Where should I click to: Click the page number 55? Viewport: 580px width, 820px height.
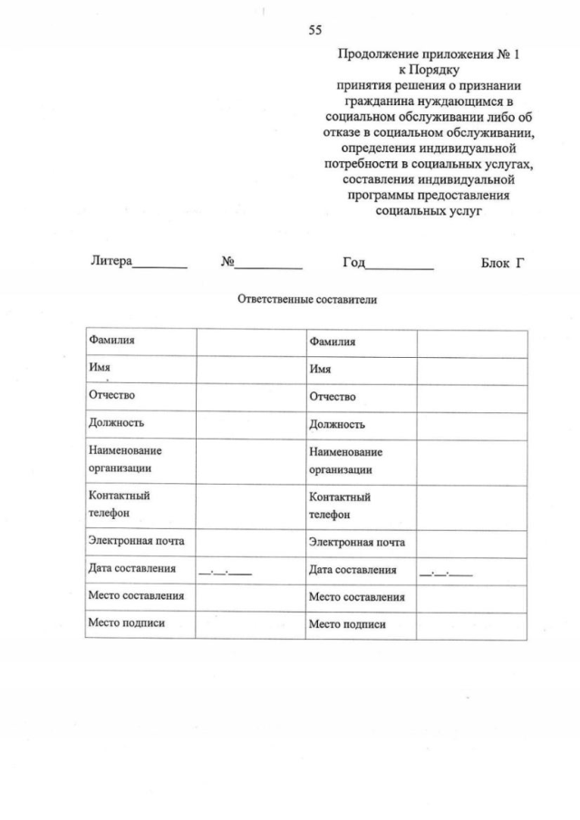click(315, 30)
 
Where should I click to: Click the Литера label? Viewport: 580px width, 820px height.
click(111, 262)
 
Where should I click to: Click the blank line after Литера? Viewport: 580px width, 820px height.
click(160, 265)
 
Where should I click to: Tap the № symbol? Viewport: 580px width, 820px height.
click(227, 262)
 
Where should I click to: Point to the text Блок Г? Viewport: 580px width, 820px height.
click(503, 262)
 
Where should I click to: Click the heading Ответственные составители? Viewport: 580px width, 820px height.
click(306, 299)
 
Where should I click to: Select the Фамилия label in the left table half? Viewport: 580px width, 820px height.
click(111, 341)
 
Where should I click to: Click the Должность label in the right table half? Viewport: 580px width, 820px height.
click(337, 424)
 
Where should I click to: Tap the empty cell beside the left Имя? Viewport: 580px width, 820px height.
click(249, 370)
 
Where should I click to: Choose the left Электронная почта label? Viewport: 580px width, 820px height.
click(136, 541)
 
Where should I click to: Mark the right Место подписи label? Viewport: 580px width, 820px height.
click(347, 624)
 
